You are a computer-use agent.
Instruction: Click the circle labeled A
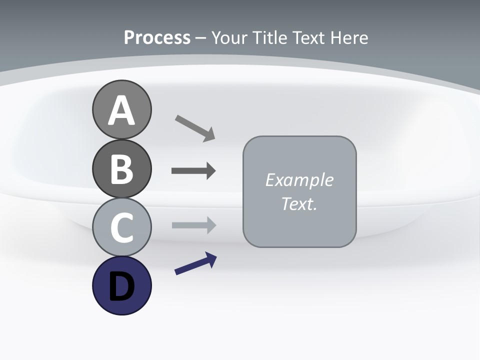[x=121, y=109]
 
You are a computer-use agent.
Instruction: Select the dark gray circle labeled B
[x=121, y=168]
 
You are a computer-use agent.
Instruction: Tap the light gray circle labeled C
[x=121, y=227]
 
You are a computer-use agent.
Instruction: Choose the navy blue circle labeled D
[x=121, y=285]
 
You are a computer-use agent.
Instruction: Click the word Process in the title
[x=157, y=37]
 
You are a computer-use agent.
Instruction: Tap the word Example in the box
[x=299, y=180]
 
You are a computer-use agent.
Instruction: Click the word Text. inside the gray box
[x=299, y=203]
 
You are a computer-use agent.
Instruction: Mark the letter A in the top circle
[x=121, y=110]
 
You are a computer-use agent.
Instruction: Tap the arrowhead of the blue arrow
[x=211, y=259]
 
